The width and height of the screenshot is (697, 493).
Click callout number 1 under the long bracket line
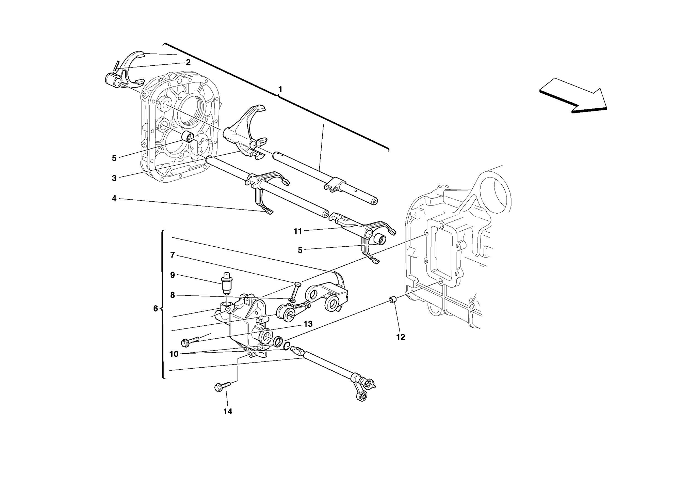tap(280, 89)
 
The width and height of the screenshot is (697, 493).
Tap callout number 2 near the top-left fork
tap(188, 62)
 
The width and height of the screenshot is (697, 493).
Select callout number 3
tap(114, 178)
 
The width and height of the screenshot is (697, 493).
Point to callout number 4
tap(114, 198)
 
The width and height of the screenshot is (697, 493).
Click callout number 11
tap(298, 232)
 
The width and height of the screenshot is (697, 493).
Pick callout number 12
tap(401, 337)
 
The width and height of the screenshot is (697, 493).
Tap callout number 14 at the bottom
tap(228, 412)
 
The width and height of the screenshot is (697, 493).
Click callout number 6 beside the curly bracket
tap(156, 309)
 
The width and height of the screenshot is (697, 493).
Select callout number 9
tap(173, 275)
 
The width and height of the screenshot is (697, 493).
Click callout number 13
tap(308, 324)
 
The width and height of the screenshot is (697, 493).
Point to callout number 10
tap(174, 354)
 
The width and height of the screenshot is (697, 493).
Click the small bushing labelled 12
tap(393, 300)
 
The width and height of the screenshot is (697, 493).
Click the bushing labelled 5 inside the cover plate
tap(188, 136)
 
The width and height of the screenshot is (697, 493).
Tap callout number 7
tap(173, 255)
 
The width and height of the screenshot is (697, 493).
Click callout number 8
tap(173, 295)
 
